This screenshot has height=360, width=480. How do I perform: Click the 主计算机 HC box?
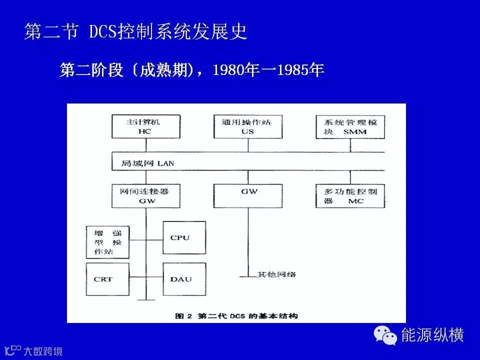145,126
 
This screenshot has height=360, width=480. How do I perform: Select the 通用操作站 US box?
248,126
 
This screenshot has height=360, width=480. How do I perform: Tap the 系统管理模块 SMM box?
350,126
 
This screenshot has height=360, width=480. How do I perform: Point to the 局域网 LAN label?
147,163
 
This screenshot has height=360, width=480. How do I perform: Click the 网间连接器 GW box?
145,195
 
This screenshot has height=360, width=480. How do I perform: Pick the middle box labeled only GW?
248,195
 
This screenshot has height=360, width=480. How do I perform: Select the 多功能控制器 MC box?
350,195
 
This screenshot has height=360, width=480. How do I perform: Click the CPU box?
184,238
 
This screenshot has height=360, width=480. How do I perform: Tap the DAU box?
184,279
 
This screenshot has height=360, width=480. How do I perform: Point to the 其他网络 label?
276,274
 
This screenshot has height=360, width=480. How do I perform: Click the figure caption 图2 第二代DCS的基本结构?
236,315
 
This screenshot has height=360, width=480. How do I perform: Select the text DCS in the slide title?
102,31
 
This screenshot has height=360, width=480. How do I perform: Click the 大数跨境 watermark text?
43,351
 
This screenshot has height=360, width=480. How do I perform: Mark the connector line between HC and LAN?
145,144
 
